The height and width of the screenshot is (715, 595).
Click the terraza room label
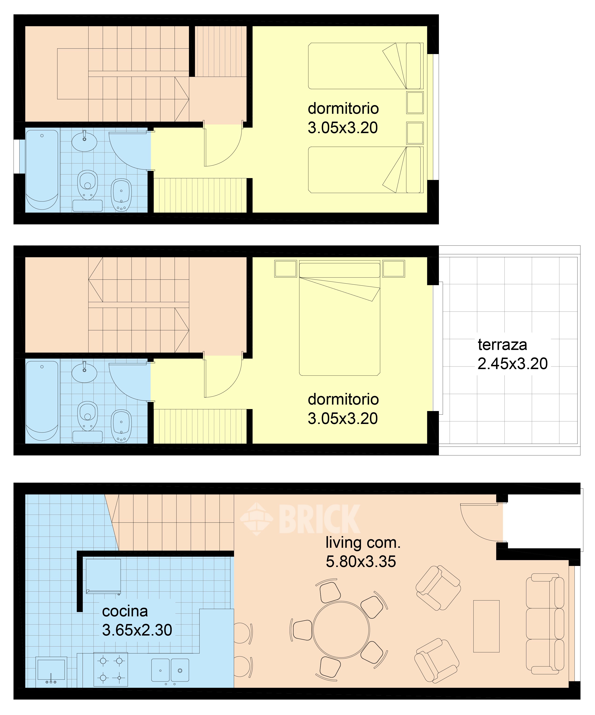pyautogui.click(x=502, y=345)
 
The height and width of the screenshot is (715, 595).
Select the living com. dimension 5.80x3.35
pyautogui.click(x=361, y=571)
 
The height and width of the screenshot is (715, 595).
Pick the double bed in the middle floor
pyautogui.click(x=339, y=318)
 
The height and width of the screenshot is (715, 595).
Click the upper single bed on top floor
pyautogui.click(x=366, y=66)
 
